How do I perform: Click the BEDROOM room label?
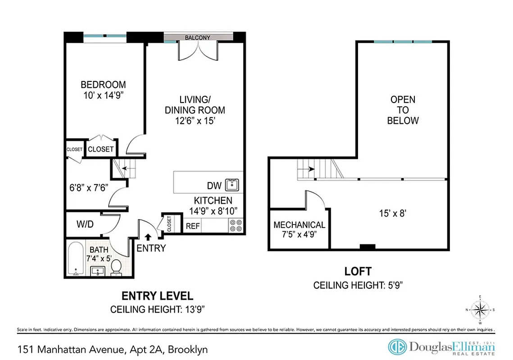[103, 85]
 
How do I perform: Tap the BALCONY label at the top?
[197, 38]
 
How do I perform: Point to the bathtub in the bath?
[76, 259]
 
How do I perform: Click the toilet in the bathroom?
[116, 267]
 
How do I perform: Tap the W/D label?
[85, 224]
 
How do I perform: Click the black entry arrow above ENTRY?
[149, 236]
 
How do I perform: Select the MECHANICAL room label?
[299, 225]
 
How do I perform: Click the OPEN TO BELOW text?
[403, 110]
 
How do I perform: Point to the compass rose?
[481, 310]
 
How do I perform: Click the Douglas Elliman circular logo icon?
[397, 347]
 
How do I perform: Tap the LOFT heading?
[358, 271]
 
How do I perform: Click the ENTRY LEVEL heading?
[158, 296]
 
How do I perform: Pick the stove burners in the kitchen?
[236, 225]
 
